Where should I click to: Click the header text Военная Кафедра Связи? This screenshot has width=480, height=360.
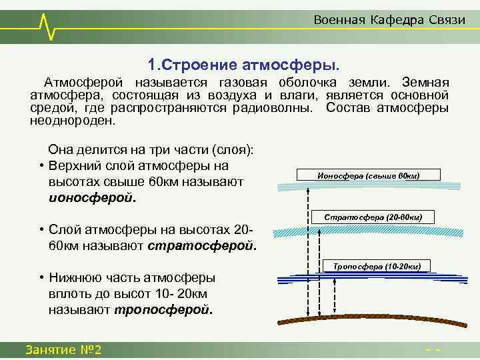(x=389, y=20)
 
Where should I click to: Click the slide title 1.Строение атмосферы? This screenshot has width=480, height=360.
(x=243, y=65)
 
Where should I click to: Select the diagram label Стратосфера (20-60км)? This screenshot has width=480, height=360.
(x=373, y=217)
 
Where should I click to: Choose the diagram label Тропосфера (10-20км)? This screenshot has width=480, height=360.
(x=377, y=266)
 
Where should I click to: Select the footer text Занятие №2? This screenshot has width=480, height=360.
(x=63, y=350)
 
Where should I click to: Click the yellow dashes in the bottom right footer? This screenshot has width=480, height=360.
(x=434, y=351)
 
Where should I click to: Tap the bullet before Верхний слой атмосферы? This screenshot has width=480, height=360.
(x=41, y=166)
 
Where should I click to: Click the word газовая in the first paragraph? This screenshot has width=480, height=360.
(x=241, y=82)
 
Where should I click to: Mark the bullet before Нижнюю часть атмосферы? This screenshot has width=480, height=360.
(x=41, y=278)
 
